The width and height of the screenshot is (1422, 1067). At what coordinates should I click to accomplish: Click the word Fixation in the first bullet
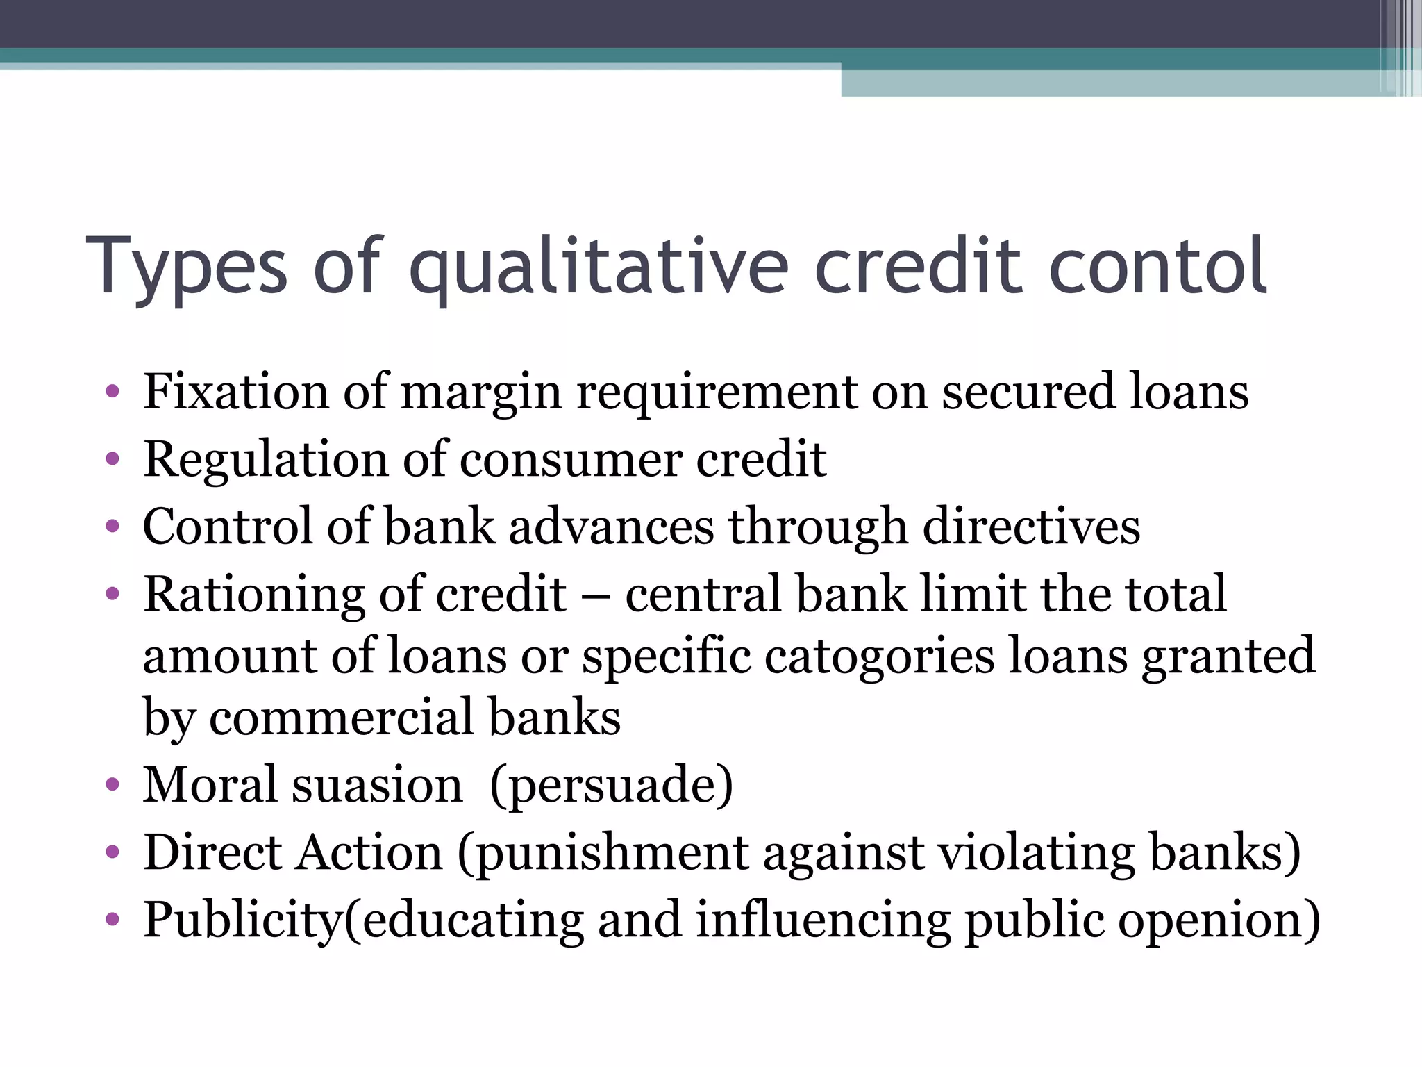235,392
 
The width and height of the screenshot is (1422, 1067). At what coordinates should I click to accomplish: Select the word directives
1031,527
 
